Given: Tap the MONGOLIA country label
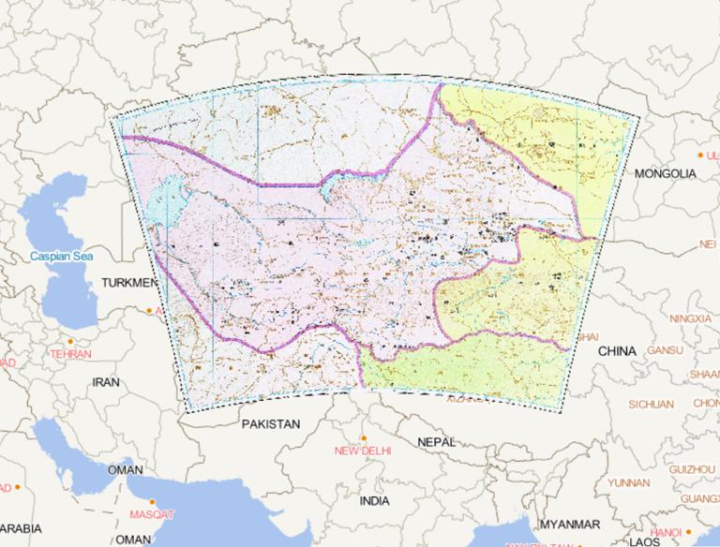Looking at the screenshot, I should point(665,174).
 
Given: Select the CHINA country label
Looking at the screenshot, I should point(617,351).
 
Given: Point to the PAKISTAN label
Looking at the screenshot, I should point(270,424).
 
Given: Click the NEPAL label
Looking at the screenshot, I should point(436,441).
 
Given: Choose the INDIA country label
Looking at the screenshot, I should point(374,501).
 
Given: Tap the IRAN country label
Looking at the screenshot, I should point(105,382).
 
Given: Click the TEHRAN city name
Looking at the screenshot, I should point(70,355).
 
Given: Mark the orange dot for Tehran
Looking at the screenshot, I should point(72,343).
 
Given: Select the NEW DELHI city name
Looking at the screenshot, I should point(362,451).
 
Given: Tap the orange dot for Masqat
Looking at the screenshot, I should point(145,503).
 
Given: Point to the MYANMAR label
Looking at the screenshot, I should point(569,524).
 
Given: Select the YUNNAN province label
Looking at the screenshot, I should point(628,482).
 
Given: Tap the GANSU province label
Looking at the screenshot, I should point(665,350).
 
